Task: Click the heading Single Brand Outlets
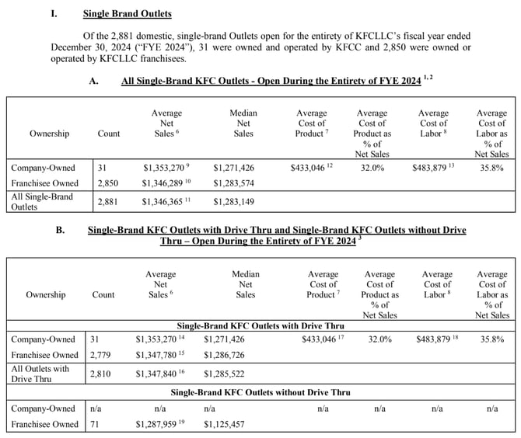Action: [128, 14]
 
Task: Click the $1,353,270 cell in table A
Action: [165, 167]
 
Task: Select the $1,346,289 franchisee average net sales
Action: [165, 184]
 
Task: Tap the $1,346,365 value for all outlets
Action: [165, 202]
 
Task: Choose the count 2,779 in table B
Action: [104, 356]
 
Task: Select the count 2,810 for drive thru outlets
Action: [104, 374]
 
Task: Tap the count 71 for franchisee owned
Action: [98, 425]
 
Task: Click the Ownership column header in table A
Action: [50, 134]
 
